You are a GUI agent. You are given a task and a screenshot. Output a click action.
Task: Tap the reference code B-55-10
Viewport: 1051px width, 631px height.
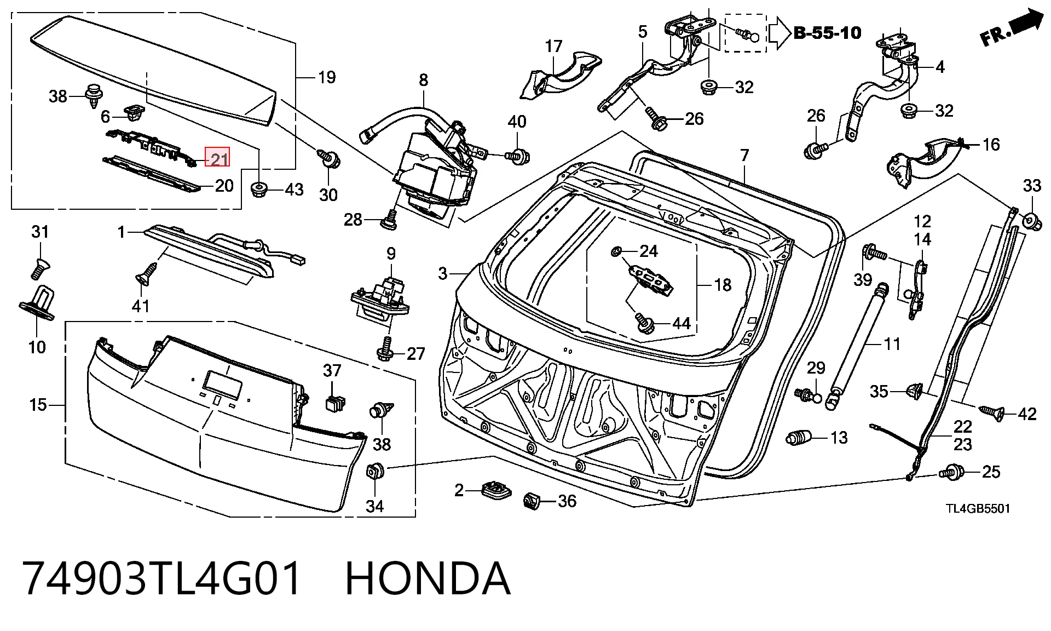[827, 33]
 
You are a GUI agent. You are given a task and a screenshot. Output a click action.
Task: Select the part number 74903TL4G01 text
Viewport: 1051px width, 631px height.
[161, 578]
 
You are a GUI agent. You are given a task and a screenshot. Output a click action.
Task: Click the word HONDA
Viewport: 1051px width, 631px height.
[428, 578]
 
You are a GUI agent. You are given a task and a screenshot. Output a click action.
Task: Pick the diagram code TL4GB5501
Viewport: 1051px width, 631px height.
[978, 508]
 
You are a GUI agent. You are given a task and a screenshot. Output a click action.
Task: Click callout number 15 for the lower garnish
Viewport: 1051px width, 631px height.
[38, 405]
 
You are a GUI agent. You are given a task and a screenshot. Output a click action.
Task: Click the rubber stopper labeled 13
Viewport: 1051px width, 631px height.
[799, 438]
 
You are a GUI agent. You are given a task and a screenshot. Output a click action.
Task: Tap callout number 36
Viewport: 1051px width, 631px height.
[567, 501]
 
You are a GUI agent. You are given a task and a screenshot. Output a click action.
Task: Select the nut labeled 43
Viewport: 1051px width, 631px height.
[258, 190]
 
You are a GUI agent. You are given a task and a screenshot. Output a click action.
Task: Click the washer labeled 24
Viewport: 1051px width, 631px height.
[615, 251]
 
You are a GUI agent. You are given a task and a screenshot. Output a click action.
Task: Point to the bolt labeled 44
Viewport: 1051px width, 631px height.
[644, 323]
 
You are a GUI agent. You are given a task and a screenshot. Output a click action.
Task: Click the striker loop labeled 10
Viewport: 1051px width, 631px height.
[39, 301]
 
